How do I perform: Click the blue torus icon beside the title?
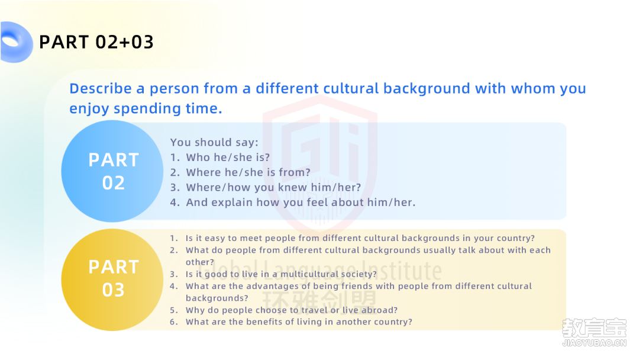click(x=17, y=42)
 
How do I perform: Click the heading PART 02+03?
click(x=96, y=42)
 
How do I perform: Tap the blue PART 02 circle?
click(x=112, y=171)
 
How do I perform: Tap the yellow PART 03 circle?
click(x=112, y=279)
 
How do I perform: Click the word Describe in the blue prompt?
click(x=101, y=88)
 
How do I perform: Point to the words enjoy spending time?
click(x=146, y=109)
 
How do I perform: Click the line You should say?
click(x=214, y=143)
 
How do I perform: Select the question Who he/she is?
click(x=228, y=157)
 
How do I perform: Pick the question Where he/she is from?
click(x=248, y=172)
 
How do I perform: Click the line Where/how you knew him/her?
click(x=273, y=188)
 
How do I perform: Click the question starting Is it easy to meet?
click(x=360, y=238)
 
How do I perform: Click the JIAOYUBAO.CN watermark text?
click(x=594, y=343)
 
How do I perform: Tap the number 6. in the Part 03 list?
click(x=174, y=322)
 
